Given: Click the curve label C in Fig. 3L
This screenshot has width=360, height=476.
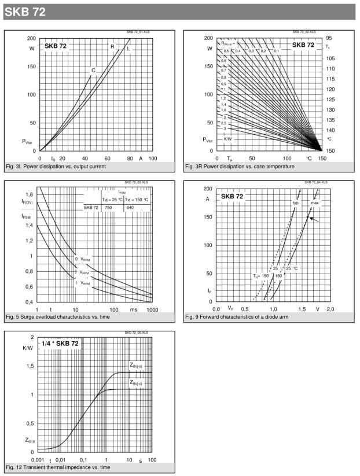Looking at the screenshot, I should coord(93,71).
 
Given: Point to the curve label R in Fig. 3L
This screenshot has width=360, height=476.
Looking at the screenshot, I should coord(113,47).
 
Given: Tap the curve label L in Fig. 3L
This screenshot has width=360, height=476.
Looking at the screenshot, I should coord(128,48).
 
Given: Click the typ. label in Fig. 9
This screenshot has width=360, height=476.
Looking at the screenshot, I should coord(296,202).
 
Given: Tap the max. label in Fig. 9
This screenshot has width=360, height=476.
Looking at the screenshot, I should coord(315,202).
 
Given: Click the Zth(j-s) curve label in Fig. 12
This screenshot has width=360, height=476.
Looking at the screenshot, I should coord(139,365).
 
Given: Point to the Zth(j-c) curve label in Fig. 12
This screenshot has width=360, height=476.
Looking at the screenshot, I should coord(139,382).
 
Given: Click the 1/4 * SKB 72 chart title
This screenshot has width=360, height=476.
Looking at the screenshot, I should coord(60,343).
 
